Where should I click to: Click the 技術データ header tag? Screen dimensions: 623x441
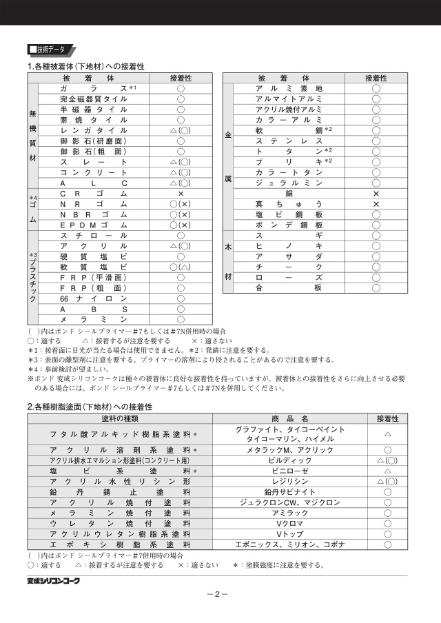click(49, 50)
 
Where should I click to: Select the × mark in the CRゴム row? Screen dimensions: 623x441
click(181, 194)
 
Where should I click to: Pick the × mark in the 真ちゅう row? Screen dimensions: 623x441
click(376, 204)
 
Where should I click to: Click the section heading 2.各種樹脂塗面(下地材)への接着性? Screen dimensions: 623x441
click(90, 407)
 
